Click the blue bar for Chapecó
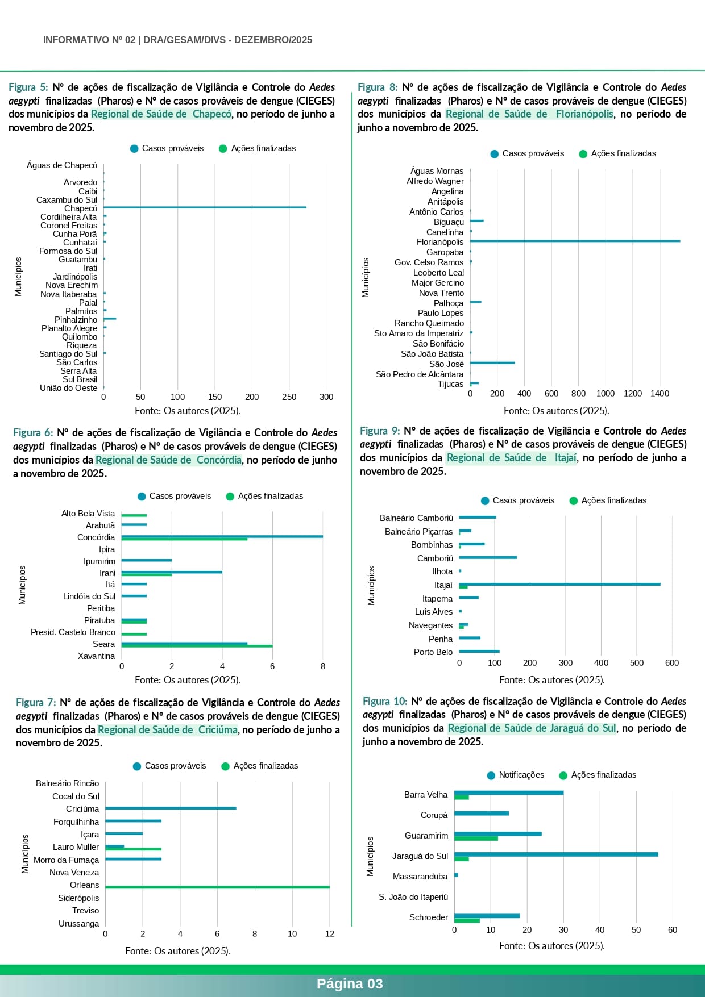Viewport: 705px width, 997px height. [205, 207]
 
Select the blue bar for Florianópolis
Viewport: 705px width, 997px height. [574, 241]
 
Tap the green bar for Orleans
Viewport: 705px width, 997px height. [217, 887]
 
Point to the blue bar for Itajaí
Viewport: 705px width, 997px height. [559, 584]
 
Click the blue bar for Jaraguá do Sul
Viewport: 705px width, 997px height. [556, 854]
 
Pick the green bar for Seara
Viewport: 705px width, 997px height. [197, 646]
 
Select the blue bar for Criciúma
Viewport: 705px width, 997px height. [171, 808]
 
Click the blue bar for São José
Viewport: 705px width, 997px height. [492, 363]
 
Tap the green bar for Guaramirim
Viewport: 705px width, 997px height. [476, 839]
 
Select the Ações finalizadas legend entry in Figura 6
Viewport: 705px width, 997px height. [264, 496]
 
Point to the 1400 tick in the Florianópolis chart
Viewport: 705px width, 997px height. [660, 393]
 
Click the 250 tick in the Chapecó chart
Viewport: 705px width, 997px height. [289, 397]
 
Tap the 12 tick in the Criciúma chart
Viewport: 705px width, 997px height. [330, 933]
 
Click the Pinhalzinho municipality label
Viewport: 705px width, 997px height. [76, 320]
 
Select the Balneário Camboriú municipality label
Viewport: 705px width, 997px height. [416, 518]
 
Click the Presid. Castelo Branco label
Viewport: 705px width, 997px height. [73, 632]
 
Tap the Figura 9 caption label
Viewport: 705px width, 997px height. [380, 431]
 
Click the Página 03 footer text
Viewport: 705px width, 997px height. [350, 984]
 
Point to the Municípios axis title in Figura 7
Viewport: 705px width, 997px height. [25, 853]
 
